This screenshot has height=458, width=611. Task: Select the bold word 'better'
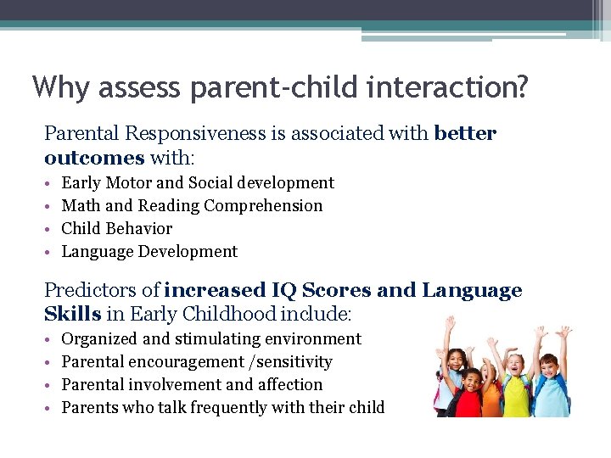464,134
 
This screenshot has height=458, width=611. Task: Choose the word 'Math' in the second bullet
81,206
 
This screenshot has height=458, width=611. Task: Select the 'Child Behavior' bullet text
116,229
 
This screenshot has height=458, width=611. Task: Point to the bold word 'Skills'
72,314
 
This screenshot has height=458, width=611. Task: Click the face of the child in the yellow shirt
515,366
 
